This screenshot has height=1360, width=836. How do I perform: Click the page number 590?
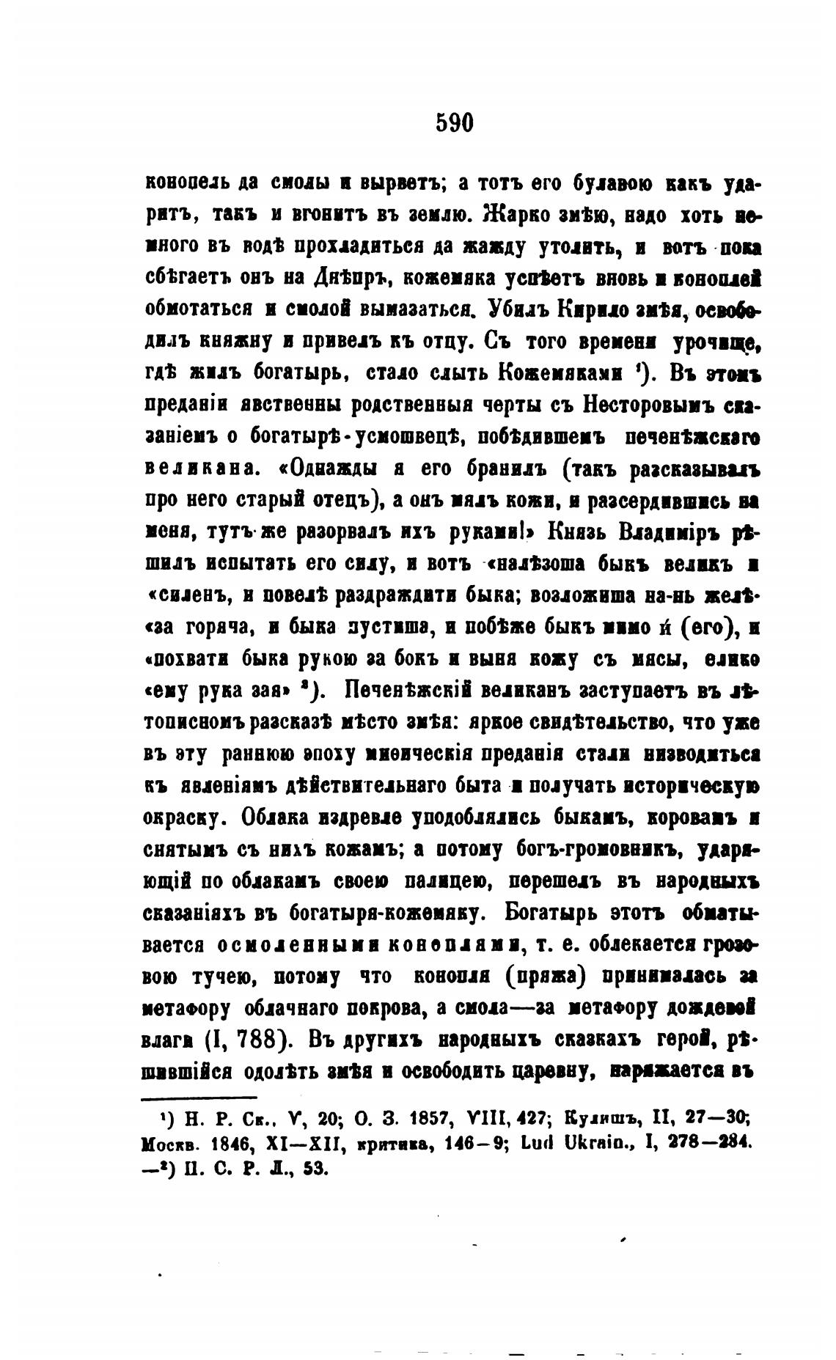[x=455, y=122]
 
